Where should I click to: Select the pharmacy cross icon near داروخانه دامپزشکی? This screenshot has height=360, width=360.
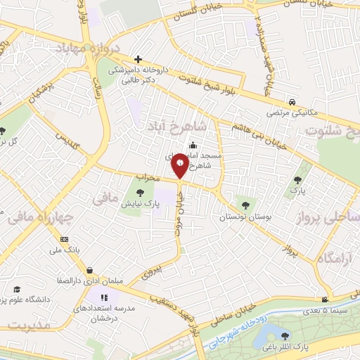click(139, 60)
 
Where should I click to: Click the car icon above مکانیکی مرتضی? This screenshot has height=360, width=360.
click(291, 100)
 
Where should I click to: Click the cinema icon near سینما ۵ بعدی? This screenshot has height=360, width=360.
click(323, 298)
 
